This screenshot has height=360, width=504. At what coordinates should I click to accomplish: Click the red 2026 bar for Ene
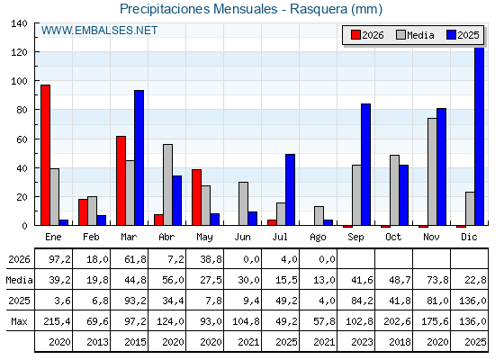coord(45,155)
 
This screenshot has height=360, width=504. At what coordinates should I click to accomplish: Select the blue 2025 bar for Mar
coord(139,157)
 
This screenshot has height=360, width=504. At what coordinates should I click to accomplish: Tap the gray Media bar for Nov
coord(432,172)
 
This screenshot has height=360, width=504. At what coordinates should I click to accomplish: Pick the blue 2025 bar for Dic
coord(479,136)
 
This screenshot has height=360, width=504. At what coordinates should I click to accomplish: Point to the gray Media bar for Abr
coord(167,184)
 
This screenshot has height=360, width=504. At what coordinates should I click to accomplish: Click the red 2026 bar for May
coord(197,197)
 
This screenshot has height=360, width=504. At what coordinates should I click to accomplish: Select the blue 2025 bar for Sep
coord(365,165)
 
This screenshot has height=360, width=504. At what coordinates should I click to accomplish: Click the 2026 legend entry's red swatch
coord(355,35)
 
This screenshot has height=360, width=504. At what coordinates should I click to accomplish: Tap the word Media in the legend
coord(420,35)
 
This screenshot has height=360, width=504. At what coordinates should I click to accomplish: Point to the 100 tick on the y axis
coord(36,81)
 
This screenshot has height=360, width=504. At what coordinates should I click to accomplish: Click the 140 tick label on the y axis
coord(19,23)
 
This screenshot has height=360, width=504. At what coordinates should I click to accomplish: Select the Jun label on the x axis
coord(242,238)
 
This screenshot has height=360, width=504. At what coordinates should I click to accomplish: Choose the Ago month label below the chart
coord(318,238)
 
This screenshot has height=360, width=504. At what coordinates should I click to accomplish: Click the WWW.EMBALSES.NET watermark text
coord(99,31)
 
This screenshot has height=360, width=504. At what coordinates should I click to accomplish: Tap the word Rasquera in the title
coord(319,9)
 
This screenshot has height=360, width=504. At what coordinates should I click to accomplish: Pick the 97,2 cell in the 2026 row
coord(59,259)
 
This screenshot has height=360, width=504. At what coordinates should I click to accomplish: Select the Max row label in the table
coord(19,321)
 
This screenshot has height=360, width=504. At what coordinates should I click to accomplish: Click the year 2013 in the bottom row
coord(97,342)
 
